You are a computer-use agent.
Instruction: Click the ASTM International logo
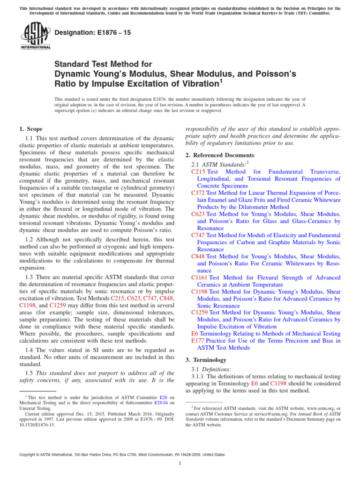[36, 36]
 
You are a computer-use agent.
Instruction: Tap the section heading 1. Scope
[31, 128]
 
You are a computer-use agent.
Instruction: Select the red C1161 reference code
[199, 277]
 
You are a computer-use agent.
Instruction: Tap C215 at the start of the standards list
[198, 172]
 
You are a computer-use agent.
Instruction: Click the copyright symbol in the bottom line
[37, 455]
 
